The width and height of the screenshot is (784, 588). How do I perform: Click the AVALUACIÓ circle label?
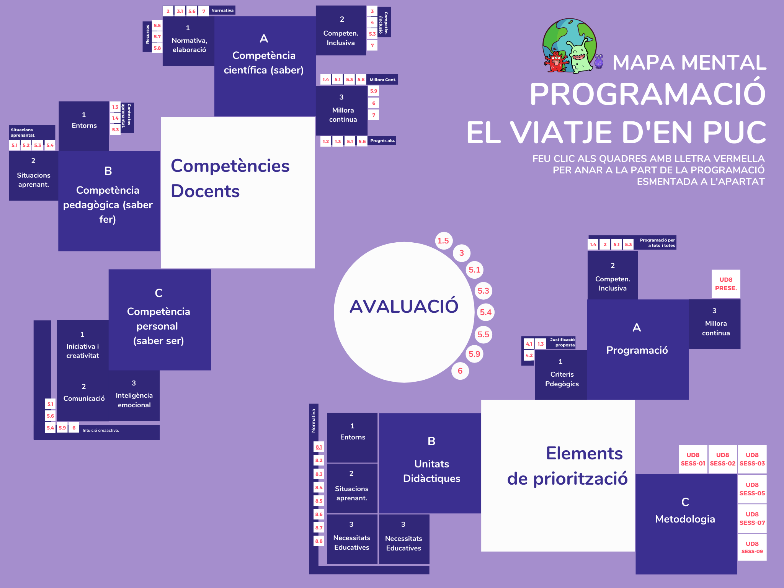(404, 306)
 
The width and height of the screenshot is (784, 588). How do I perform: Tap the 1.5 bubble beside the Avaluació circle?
(443, 241)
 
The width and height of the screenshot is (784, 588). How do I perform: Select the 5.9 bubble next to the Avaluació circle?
(474, 354)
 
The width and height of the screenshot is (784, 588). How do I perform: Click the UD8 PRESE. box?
(726, 284)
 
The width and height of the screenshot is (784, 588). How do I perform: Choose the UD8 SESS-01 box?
(693, 459)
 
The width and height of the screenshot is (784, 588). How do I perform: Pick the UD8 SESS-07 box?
(752, 518)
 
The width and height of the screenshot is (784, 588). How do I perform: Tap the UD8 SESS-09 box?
(752, 547)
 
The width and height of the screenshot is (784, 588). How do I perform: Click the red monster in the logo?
(556, 62)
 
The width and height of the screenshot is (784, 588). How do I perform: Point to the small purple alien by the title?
(599, 61)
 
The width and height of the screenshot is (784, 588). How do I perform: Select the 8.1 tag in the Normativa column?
(319, 447)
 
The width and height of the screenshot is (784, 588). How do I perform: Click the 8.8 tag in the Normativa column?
(319, 541)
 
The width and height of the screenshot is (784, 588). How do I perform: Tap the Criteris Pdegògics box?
(562, 375)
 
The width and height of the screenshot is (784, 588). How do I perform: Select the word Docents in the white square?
(205, 191)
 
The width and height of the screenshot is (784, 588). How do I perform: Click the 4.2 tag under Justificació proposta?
(529, 355)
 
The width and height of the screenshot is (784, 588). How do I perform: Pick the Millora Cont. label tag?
(382, 80)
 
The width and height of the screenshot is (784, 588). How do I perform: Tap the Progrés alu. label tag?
(382, 141)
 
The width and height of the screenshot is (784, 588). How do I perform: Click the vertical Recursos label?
(147, 34)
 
